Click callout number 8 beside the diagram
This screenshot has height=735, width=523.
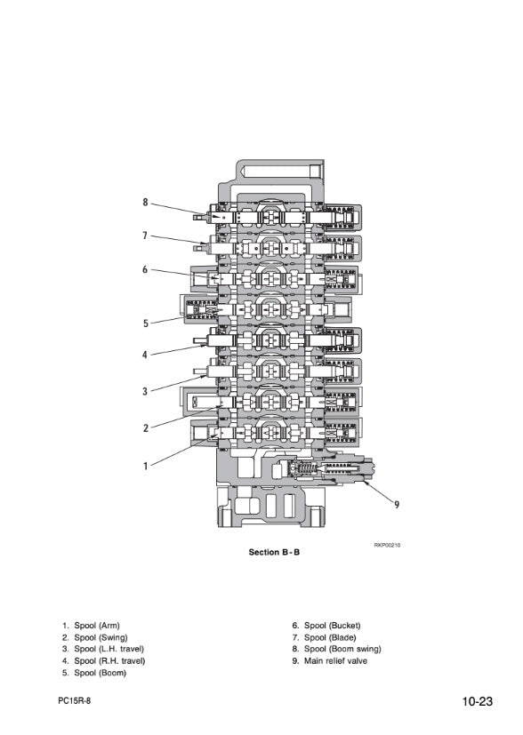point(145,202)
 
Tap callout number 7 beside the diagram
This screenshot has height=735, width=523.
point(145,236)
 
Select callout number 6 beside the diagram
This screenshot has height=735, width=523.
point(145,269)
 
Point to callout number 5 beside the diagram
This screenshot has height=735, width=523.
point(145,324)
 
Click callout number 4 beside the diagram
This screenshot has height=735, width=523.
point(145,355)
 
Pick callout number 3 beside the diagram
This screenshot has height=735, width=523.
point(145,391)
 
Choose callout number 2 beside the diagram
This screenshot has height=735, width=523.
point(145,428)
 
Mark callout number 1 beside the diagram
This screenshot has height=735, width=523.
point(145,466)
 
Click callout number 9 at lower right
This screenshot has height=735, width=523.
point(397,505)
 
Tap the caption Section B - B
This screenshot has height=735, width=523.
point(274,552)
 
